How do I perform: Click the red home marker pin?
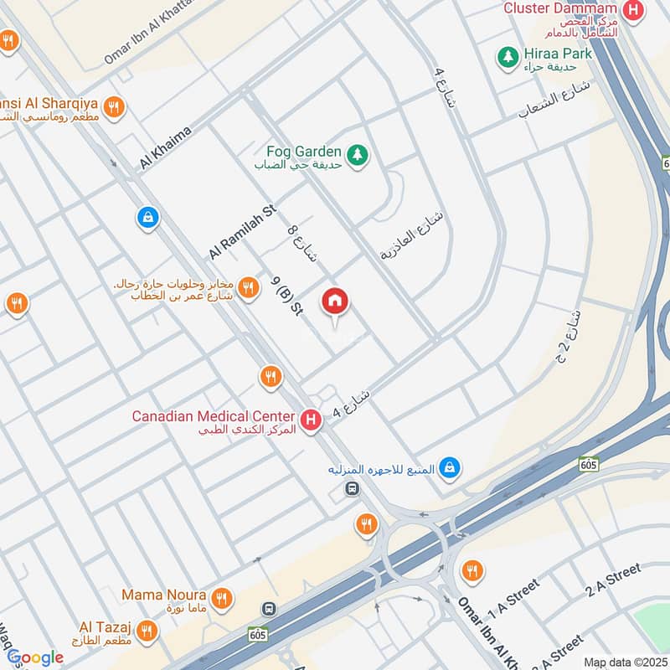pos(335,301)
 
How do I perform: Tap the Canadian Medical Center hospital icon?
pos(311,419)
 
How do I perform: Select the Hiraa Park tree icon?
pos(508,55)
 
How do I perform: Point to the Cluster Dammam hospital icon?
pos(636,10)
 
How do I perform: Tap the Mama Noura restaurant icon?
pos(221,597)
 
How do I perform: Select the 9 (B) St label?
pos(286,296)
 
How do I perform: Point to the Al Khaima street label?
pos(167,147)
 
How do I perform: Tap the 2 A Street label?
pos(614,580)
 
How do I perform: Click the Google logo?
pos(35,658)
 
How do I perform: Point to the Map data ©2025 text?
pos(624,662)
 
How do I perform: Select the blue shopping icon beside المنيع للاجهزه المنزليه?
pos(451,467)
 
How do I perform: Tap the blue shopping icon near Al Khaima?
pos(147,218)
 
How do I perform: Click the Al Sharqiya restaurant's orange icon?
pos(116,106)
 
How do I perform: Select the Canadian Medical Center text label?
pos(213,416)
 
